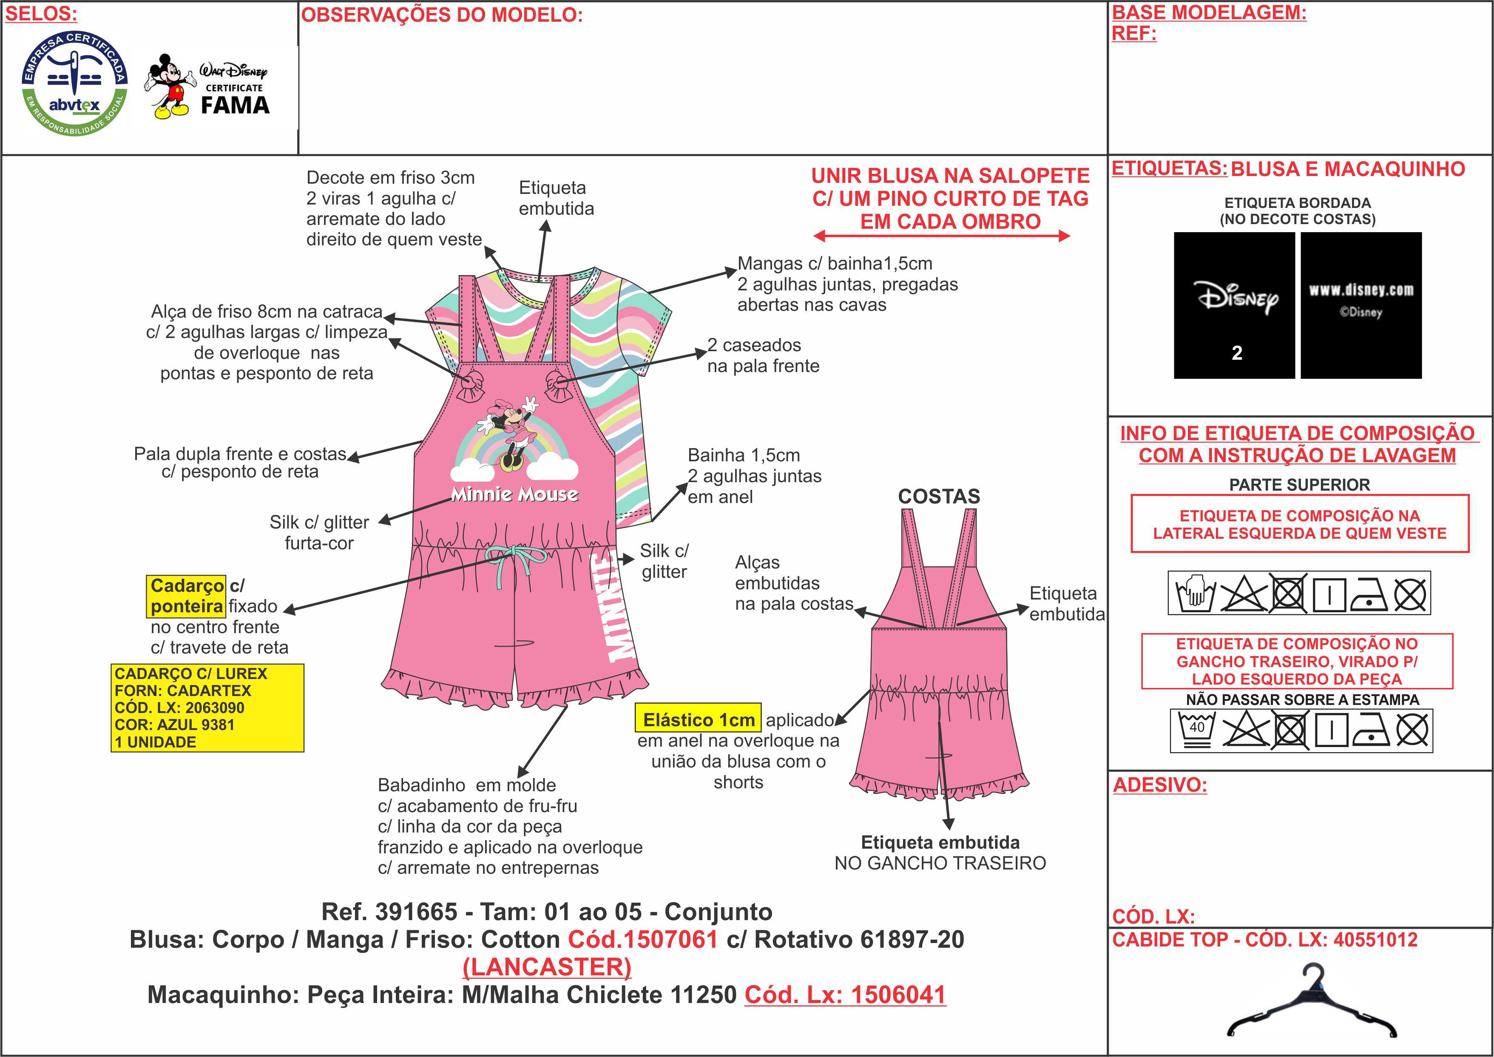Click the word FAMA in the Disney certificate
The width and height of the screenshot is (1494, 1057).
pyautogui.click(x=235, y=105)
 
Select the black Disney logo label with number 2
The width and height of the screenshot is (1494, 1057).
pyautogui.click(x=1234, y=305)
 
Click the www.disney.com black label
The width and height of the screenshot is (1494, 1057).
pyautogui.click(x=1361, y=305)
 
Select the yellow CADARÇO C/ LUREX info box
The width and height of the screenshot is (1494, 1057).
pyautogui.click(x=207, y=708)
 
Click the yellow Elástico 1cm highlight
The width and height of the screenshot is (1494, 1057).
pyautogui.click(x=698, y=719)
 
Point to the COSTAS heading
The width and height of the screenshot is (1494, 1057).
pyautogui.click(x=939, y=497)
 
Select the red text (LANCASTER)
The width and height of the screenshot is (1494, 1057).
pyautogui.click(x=547, y=967)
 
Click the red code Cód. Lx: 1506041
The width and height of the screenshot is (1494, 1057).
pyautogui.click(x=845, y=994)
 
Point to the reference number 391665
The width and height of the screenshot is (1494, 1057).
pyautogui.click(x=417, y=912)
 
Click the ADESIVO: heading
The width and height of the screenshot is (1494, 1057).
pyautogui.click(x=1159, y=785)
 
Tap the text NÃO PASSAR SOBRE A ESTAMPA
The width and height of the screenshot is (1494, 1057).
pyautogui.click(x=1302, y=700)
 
